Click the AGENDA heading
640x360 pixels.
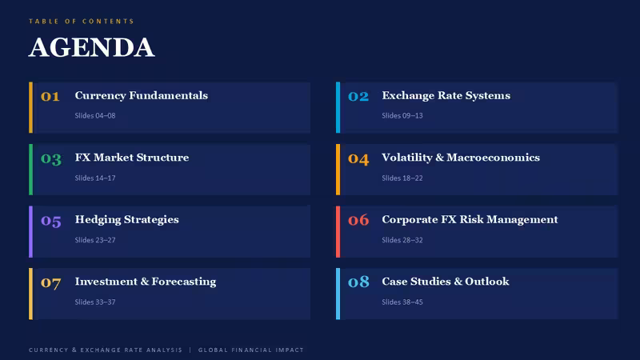tap(91, 47)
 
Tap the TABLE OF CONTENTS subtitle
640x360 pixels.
tap(82, 22)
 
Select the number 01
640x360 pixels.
tap(50, 96)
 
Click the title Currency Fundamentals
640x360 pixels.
tap(142, 95)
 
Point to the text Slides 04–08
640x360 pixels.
tap(95, 115)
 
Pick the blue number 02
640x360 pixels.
tap(358, 96)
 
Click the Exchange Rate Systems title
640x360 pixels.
tap(446, 95)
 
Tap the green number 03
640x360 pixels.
tap(51, 158)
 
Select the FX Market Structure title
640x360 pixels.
tap(132, 158)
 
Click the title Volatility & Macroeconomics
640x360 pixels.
tap(461, 158)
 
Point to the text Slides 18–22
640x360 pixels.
tap(402, 178)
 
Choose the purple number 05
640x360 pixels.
tap(51, 221)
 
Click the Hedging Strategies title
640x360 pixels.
tap(127, 219)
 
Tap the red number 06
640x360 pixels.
tap(358, 221)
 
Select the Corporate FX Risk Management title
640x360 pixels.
tap(470, 219)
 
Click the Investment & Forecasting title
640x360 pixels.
tap(146, 282)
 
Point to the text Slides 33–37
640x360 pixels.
tap(95, 302)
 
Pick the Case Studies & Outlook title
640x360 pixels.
tap(446, 282)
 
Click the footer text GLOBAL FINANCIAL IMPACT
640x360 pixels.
tap(251, 350)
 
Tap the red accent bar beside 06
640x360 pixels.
tap(338, 231)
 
